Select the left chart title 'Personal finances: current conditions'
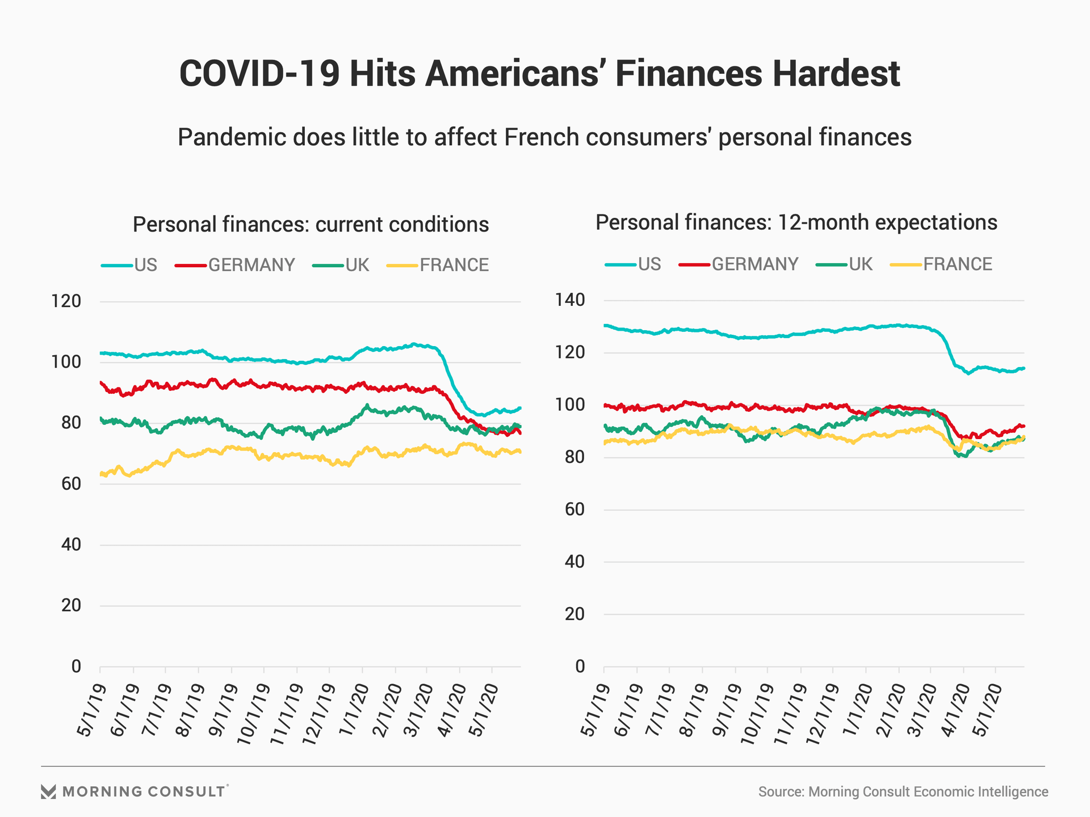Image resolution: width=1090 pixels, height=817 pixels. coord(311,225)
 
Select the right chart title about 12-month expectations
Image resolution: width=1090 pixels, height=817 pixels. coord(796,222)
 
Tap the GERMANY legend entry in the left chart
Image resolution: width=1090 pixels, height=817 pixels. coord(251,266)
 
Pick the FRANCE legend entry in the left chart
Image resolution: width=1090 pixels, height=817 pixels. coord(454,266)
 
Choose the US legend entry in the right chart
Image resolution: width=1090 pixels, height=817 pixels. coord(649,264)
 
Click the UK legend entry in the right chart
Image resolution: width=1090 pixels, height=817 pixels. coord(860,264)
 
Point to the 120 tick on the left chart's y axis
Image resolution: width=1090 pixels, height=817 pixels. coord(66,301)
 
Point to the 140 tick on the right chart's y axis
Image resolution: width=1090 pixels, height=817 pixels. coord(570,300)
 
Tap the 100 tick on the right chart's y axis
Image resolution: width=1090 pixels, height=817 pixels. coord(570,405)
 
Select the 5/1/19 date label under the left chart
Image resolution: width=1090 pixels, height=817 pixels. coord(91,709)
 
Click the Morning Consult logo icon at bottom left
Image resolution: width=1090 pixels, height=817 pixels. coord(49,792)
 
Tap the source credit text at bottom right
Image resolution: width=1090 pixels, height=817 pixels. coord(903,792)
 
